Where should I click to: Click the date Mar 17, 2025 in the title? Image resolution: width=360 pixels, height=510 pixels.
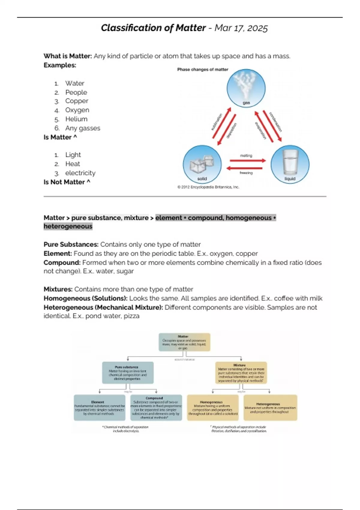tap(241, 28)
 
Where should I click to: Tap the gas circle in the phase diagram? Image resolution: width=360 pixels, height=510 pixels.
tap(246, 88)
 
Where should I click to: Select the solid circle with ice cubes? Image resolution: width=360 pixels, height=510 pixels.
tap(202, 164)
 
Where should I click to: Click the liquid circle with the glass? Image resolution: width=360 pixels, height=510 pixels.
tap(290, 164)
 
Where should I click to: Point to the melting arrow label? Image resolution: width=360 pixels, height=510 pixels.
tap(246, 156)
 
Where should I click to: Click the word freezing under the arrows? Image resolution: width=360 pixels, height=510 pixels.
tap(246, 173)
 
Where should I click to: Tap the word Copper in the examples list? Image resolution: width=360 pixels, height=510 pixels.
tap(77, 101)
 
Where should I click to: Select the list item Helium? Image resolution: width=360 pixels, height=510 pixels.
tap(76, 119)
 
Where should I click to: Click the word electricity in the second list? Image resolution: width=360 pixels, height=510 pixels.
tap(80, 173)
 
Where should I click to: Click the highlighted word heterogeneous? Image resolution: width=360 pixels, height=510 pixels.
tap(68, 226)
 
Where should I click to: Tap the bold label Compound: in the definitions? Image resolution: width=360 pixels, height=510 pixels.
tap(62, 262)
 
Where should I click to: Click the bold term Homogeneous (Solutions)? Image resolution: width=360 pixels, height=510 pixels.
tap(85, 298)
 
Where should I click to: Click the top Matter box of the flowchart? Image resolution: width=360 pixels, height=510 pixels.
tap(184, 342)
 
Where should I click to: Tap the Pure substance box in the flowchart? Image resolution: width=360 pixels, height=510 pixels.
tap(128, 373)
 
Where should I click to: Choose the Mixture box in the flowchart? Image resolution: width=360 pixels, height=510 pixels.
tap(241, 373)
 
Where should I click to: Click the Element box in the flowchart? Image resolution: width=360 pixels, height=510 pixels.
tap(99, 408)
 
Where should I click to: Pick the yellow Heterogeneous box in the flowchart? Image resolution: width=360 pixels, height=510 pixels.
tap(270, 408)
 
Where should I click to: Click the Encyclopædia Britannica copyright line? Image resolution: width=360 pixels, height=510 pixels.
tap(208, 187)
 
